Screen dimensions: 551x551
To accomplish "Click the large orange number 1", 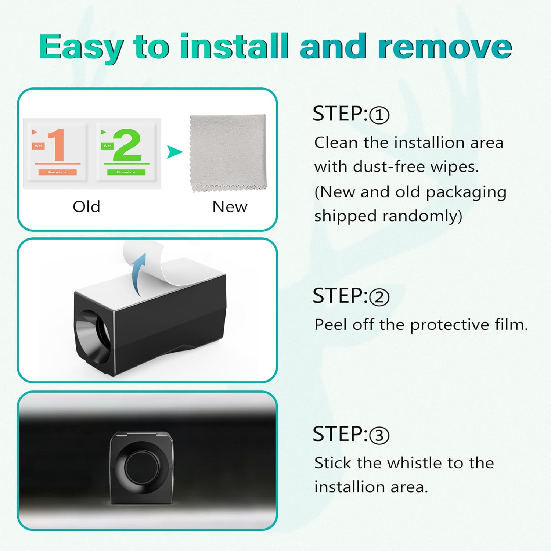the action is click(x=57, y=145).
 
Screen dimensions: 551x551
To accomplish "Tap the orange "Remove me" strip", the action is click(x=57, y=172).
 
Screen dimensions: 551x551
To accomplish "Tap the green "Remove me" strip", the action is click(x=126, y=172).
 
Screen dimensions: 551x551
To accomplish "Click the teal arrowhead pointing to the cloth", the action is click(x=174, y=152).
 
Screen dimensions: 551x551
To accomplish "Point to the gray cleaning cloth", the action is click(x=228, y=153).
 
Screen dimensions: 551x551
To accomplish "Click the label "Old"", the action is click(x=86, y=207).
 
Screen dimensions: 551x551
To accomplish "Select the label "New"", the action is click(x=230, y=207).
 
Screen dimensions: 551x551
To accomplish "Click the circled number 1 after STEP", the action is click(x=379, y=115).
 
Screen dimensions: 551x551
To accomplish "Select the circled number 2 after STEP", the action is click(x=379, y=297).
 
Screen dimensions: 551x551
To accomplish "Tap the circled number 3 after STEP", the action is click(x=379, y=435).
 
